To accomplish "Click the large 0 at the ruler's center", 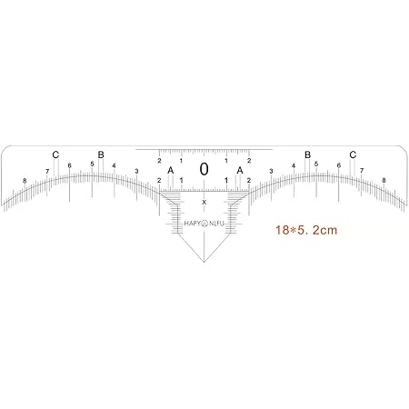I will pos(204,169).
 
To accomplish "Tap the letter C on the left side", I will pos(55,155).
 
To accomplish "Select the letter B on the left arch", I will pos(101,155).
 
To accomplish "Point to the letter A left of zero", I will pos(170,170).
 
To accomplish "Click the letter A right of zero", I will pos(240,170).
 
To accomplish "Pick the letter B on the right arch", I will pos(307,155).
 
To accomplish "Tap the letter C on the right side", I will pos(353,155).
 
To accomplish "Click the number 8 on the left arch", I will pos(25,181).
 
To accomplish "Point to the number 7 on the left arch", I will pos(47,171).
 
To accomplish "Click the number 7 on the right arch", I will pos(361,171).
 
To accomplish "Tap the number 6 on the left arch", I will pos(69,165).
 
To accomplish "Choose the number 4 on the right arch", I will pos(293,165).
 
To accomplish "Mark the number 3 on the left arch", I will pos(136,171).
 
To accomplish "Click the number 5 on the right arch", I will pos(316,164).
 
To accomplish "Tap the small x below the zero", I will pos(204,201).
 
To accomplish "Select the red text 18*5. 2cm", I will pos(305,231).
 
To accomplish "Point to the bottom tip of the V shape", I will pos(204,263).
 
